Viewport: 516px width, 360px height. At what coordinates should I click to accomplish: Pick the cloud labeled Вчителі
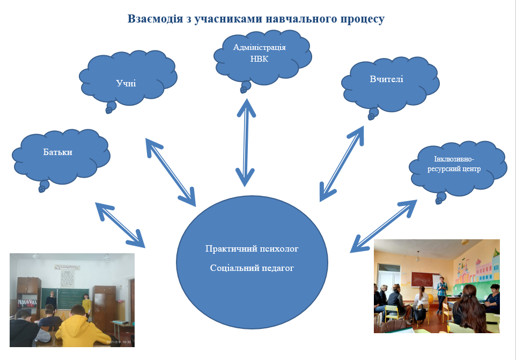coord(387,80)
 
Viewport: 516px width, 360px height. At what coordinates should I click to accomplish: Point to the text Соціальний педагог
coord(252,267)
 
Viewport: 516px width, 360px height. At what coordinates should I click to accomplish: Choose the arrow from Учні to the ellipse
coord(171,172)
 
